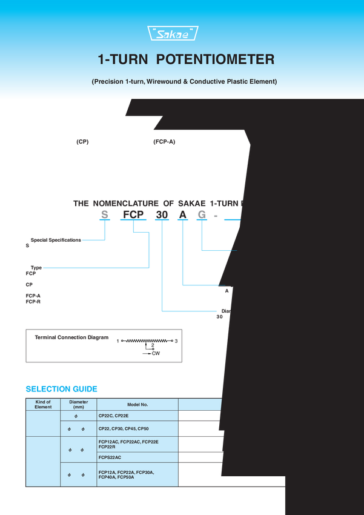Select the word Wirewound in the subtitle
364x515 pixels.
click(164, 81)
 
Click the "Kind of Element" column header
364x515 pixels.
click(43, 404)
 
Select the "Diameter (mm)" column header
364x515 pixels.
click(79, 404)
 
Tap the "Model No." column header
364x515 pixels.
click(137, 404)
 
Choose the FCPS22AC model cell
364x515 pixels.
click(110, 457)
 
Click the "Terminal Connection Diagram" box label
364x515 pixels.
click(72, 337)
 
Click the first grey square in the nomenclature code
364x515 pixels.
click(104, 214)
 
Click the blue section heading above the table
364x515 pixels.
click(61, 388)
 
